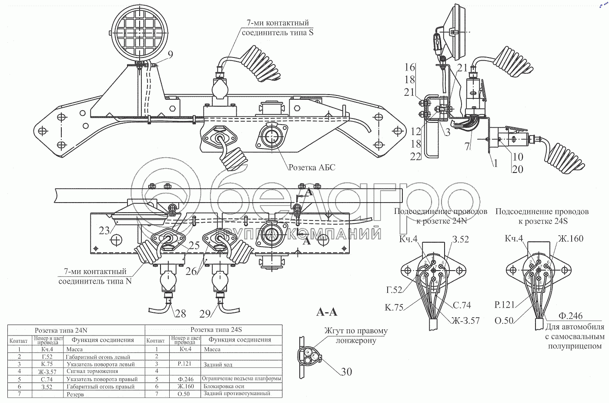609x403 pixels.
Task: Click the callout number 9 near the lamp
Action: click(x=170, y=54)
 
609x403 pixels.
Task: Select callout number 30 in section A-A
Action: click(x=346, y=372)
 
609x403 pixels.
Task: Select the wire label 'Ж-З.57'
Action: click(x=466, y=320)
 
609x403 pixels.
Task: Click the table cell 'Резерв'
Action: click(x=75, y=394)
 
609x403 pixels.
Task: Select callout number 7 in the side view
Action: click(x=467, y=147)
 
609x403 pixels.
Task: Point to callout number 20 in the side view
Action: click(x=517, y=169)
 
